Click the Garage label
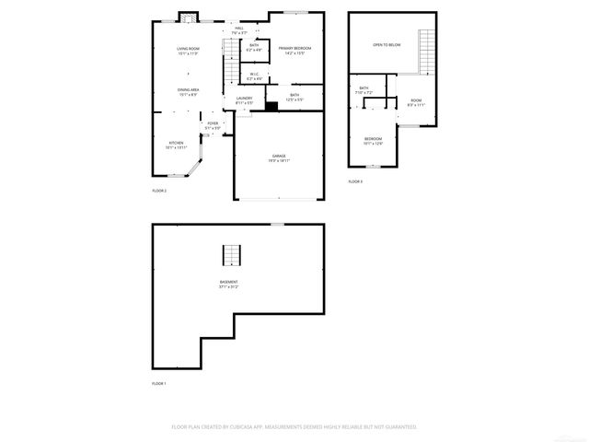coord(278,157)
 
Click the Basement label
coord(229,282)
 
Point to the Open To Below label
coord(386,44)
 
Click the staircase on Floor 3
coord(425,52)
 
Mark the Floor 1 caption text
coord(159,383)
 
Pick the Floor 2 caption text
coord(159,191)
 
